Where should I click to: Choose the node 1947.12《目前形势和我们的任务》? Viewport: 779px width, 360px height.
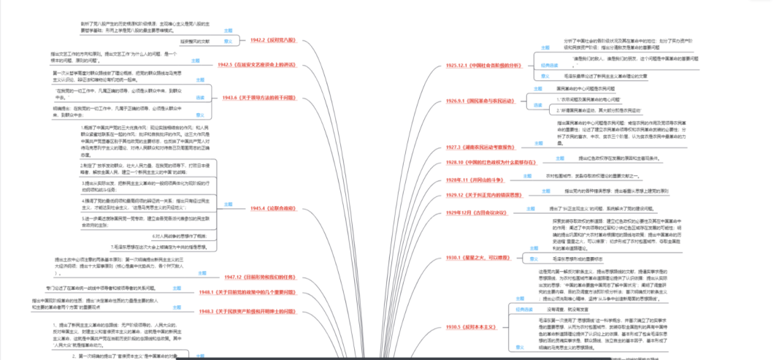[x=258, y=277]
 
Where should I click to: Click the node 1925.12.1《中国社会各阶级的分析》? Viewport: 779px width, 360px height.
[x=485, y=65]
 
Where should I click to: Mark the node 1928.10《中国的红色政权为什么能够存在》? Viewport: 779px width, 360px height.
[x=486, y=161]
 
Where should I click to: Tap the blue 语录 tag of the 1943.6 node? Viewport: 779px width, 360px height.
[x=200, y=96]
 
